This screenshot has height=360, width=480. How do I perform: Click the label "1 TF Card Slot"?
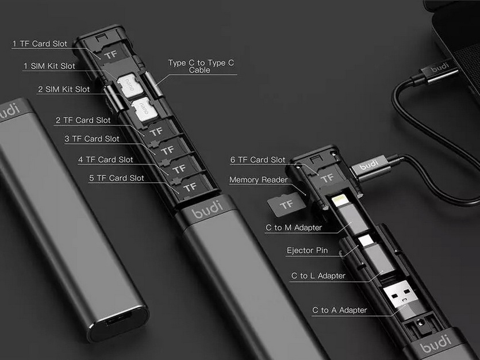pos(40,44)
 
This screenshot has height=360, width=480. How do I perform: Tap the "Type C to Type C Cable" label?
pos(201,67)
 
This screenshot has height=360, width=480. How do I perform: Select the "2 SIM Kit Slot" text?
pos(64,89)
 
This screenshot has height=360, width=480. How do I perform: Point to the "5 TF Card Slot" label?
pos(116,178)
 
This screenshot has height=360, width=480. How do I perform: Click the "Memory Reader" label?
pos(258,179)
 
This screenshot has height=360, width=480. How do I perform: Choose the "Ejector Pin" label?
pos(307,250)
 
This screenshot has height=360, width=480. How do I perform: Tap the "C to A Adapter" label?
pos(340,310)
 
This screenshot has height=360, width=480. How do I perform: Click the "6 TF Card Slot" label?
pos(258,160)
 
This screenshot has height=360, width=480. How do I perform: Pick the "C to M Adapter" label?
pos(294,228)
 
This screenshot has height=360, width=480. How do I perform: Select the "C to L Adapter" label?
pos(318,275)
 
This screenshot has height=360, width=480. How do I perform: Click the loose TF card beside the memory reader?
pos(286,205)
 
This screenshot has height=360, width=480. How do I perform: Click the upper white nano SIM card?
pos(130,85)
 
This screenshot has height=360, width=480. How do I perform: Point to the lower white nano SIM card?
pos(144,109)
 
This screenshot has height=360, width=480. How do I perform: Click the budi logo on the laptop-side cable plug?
pos(440,67)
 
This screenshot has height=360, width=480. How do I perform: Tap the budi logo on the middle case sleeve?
pos(208,209)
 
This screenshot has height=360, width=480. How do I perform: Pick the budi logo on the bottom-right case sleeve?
pos(436,343)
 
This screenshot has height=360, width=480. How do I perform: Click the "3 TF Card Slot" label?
pos(92,139)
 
